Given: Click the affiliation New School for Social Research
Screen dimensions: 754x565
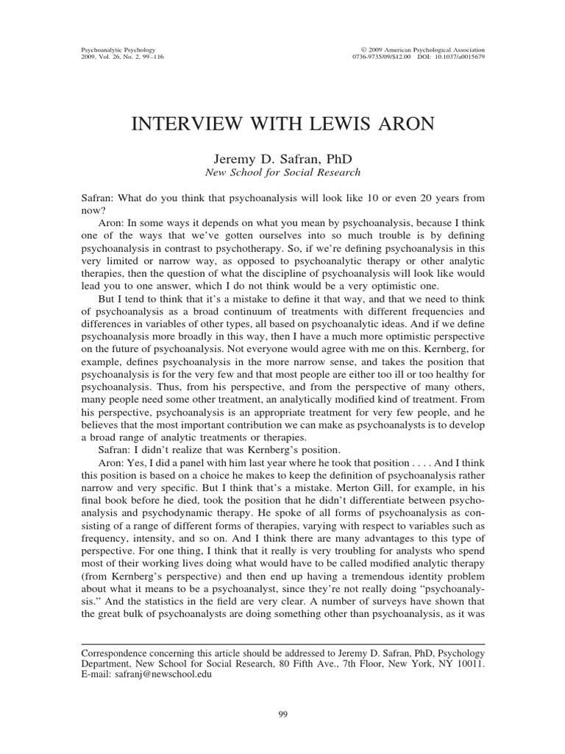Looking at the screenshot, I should pos(282,172).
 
